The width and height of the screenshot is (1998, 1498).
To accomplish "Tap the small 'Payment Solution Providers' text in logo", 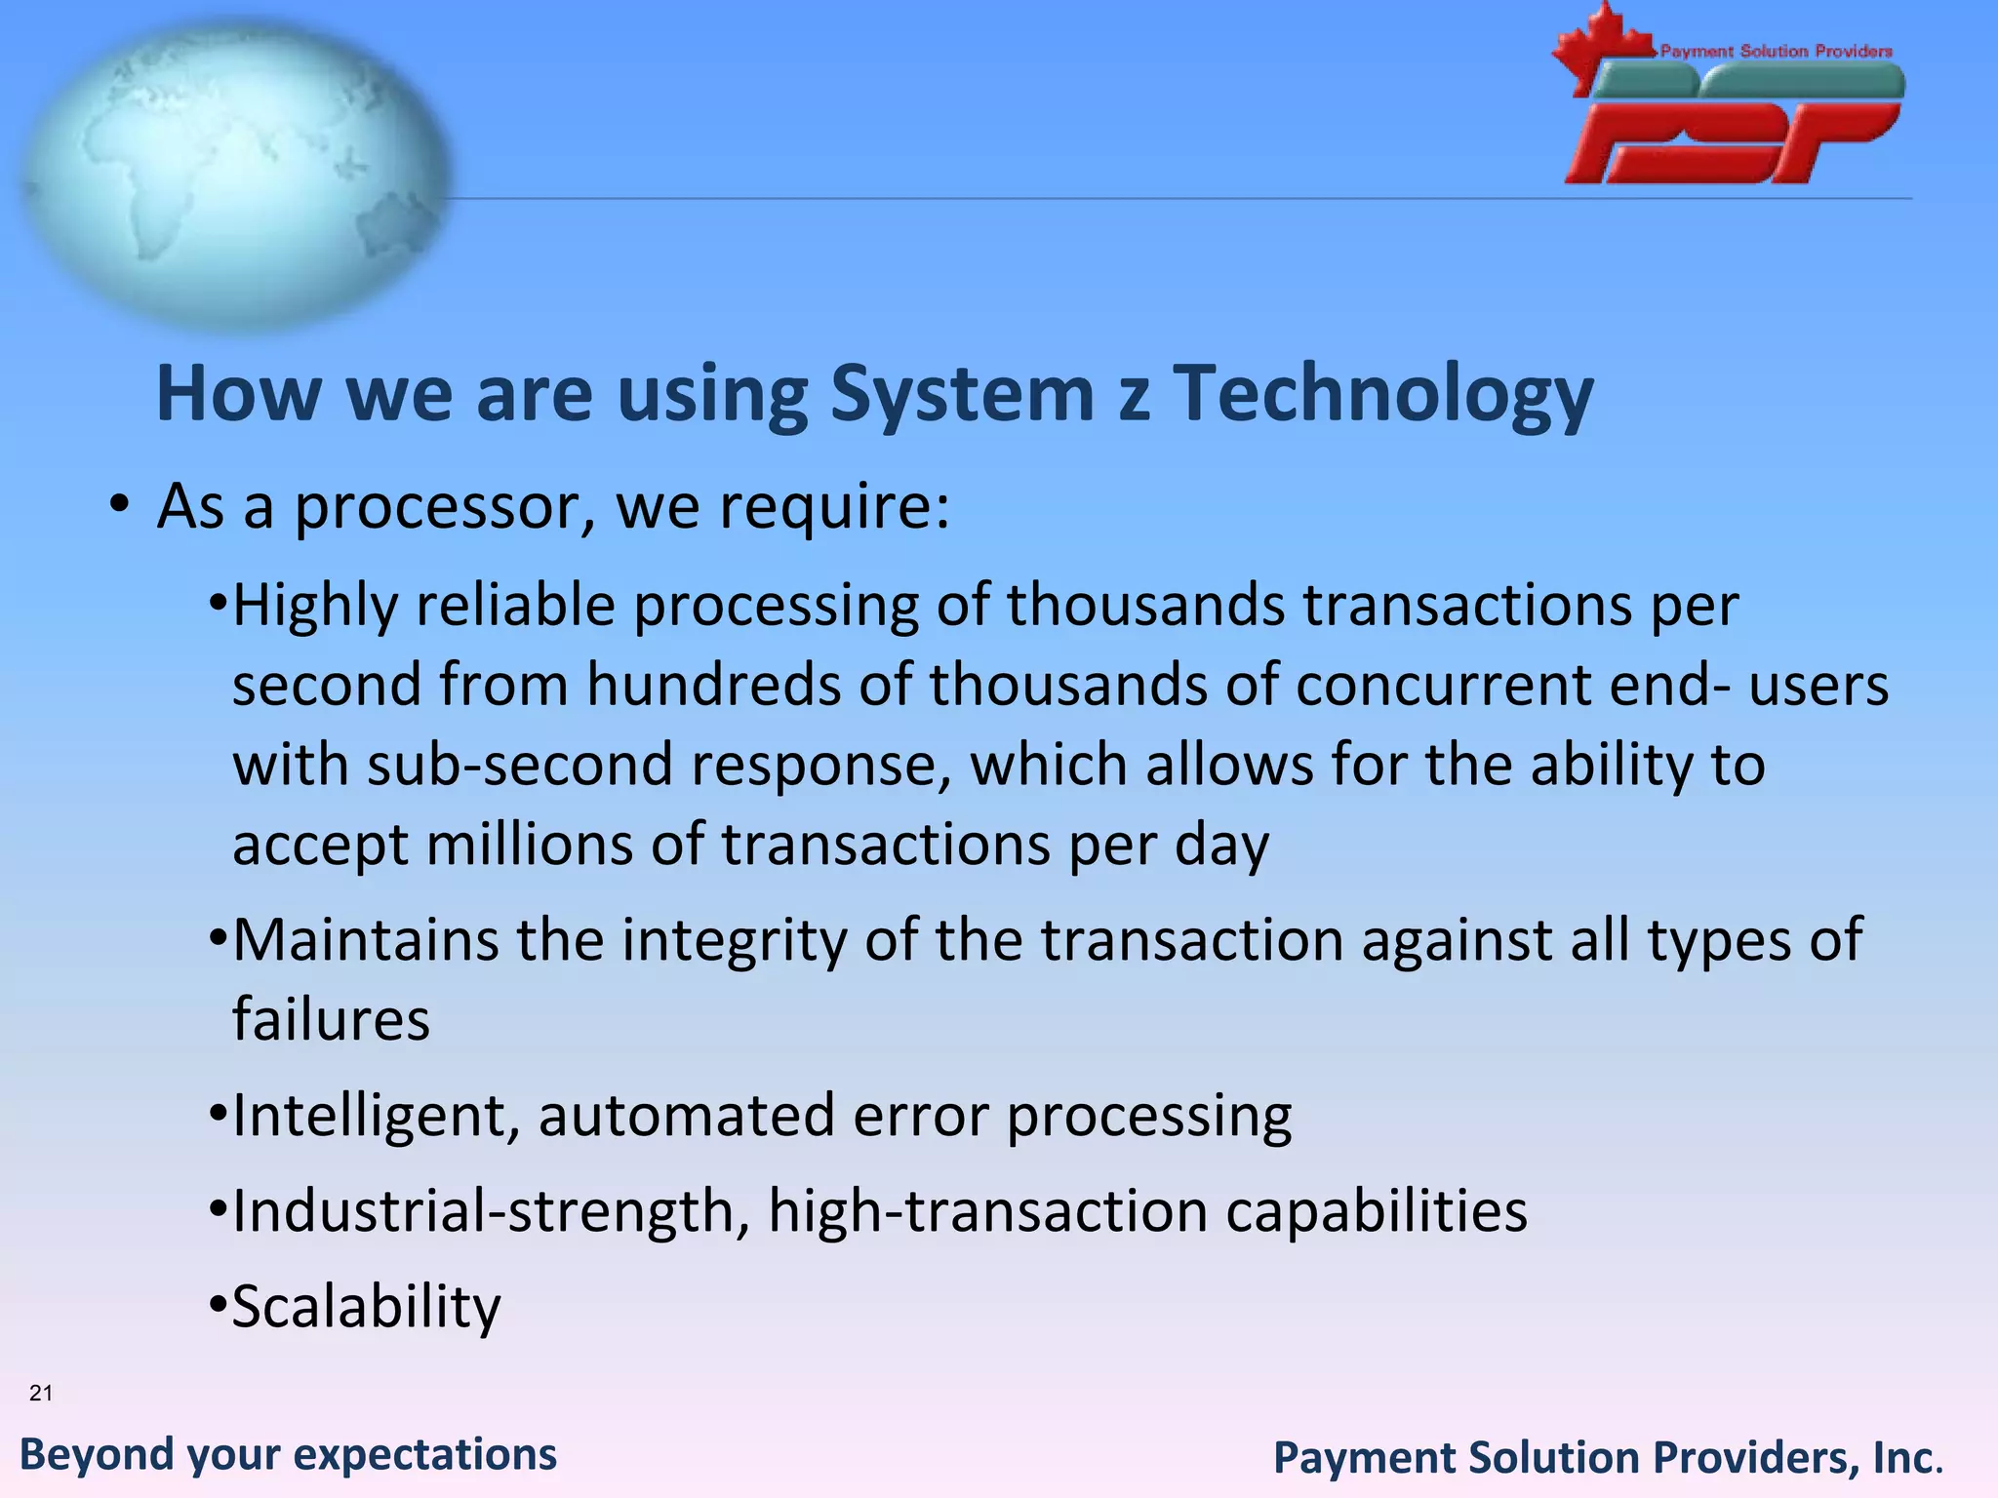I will click(x=1776, y=51).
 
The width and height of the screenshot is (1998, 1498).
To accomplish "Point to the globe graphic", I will click(x=234, y=176).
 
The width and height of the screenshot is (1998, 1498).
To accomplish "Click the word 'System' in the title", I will click(x=962, y=394).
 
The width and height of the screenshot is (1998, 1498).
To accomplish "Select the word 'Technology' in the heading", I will click(x=1381, y=394).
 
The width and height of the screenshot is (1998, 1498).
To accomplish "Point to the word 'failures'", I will click(x=331, y=1020).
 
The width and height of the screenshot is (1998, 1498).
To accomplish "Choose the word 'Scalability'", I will click(x=366, y=1307).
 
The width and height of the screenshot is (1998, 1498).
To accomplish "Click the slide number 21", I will click(x=41, y=1393).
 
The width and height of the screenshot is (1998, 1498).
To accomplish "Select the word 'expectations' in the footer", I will click(x=425, y=1455).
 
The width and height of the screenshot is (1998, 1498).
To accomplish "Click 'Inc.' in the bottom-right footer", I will click(x=1907, y=1459).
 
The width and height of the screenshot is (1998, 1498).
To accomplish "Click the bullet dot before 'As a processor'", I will click(x=119, y=506).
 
